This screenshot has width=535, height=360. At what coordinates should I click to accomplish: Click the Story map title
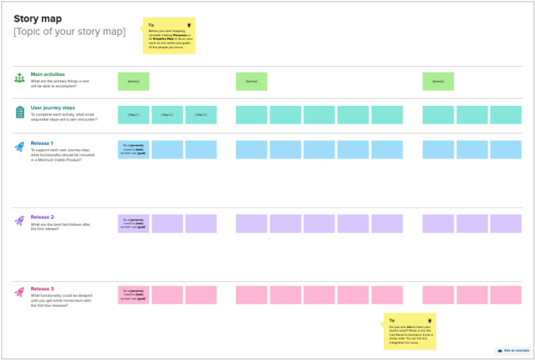pos(38,19)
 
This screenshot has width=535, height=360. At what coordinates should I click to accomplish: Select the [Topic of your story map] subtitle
pos(70,31)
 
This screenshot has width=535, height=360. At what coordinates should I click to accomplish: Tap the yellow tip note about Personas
pos(169,36)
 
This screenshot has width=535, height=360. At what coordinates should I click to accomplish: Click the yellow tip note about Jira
pos(410,331)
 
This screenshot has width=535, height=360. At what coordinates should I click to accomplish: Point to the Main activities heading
pos(48,74)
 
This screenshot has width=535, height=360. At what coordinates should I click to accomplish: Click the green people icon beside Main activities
pos(20,78)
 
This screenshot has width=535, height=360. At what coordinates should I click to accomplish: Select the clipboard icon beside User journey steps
pos(20,112)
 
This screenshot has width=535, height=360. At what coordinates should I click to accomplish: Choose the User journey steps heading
pos(53,108)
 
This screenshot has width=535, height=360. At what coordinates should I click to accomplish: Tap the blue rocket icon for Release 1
pos(20,147)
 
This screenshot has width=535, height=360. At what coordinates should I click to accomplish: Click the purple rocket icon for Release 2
pos(20,221)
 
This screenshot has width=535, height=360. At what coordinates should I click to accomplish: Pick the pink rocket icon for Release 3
pos(20,292)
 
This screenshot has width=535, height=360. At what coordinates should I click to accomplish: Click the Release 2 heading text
pos(42,217)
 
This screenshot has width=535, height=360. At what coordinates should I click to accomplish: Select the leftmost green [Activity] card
pos(133,81)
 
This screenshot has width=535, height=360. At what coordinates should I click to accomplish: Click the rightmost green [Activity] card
pos(437,81)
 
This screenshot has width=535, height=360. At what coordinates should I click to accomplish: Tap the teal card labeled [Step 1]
pos(133,115)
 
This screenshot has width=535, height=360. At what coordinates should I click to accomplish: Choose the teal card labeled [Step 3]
pos(201,115)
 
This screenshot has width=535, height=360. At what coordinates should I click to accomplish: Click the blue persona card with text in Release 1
pos(133,150)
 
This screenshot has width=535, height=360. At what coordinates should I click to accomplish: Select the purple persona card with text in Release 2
pos(133,224)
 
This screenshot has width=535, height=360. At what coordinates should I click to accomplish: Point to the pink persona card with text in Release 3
pos(133,295)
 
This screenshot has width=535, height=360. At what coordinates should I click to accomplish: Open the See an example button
pos(513,350)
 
